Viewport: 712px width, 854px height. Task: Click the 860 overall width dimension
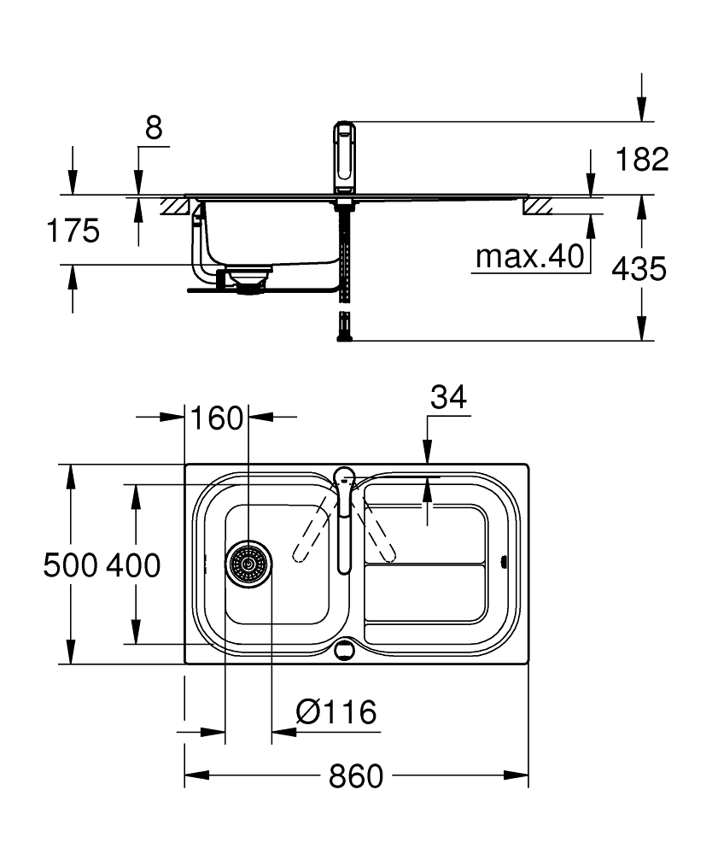coord(355,776)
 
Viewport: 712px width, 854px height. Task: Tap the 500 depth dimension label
coord(70,564)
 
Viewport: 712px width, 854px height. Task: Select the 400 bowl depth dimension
coord(133,564)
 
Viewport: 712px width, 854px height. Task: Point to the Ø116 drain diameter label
coord(336,712)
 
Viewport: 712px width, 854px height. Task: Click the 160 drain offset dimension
coord(217,418)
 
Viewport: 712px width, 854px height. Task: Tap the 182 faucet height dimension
coord(642,159)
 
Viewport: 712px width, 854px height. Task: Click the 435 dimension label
coord(639,268)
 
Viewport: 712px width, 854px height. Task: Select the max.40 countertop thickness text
coord(529,256)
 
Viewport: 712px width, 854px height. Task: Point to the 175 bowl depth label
coord(73,231)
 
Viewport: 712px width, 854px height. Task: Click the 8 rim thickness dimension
coord(154,128)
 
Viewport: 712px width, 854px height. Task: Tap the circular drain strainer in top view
coord(248,564)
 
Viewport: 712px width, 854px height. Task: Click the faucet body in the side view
coord(345,157)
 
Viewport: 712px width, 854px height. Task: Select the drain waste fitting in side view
coord(250,279)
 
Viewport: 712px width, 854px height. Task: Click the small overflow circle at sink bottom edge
coord(344,650)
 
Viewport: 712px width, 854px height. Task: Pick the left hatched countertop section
coord(175,207)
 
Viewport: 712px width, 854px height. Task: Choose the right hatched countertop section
coord(538,206)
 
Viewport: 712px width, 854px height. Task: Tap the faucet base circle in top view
coord(343,477)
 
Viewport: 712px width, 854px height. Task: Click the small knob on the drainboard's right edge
coord(504,562)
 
